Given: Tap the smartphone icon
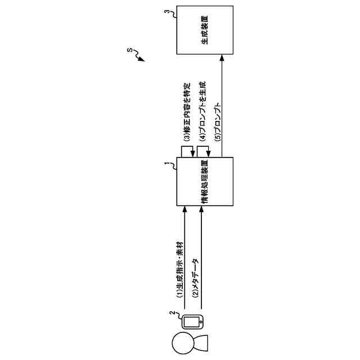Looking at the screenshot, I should pos(193,322).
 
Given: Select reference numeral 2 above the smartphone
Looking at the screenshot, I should pos(172,315).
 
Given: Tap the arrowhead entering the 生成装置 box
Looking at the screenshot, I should pos(223,56).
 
